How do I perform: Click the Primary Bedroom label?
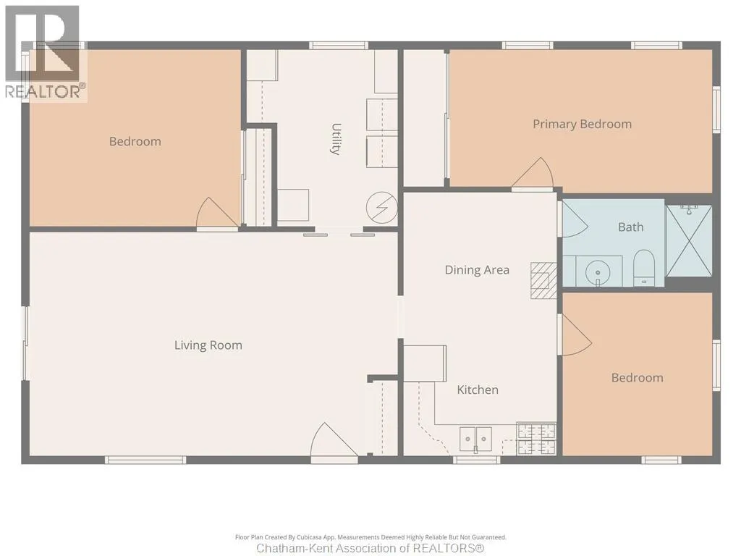[583, 125]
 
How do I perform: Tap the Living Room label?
[208, 345]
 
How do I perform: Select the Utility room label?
[336, 139]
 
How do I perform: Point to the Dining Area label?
[477, 270]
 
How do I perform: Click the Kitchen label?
[478, 389]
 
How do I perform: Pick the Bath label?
[631, 227]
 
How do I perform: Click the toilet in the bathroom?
[643, 268]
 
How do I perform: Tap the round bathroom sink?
[598, 273]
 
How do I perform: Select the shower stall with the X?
[689, 240]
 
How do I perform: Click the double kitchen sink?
[476, 439]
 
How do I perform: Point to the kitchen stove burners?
[536, 439]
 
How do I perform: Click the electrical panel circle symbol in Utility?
[382, 208]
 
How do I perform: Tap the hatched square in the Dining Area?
[543, 281]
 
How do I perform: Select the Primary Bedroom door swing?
[533, 174]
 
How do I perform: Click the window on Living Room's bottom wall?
[145, 460]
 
